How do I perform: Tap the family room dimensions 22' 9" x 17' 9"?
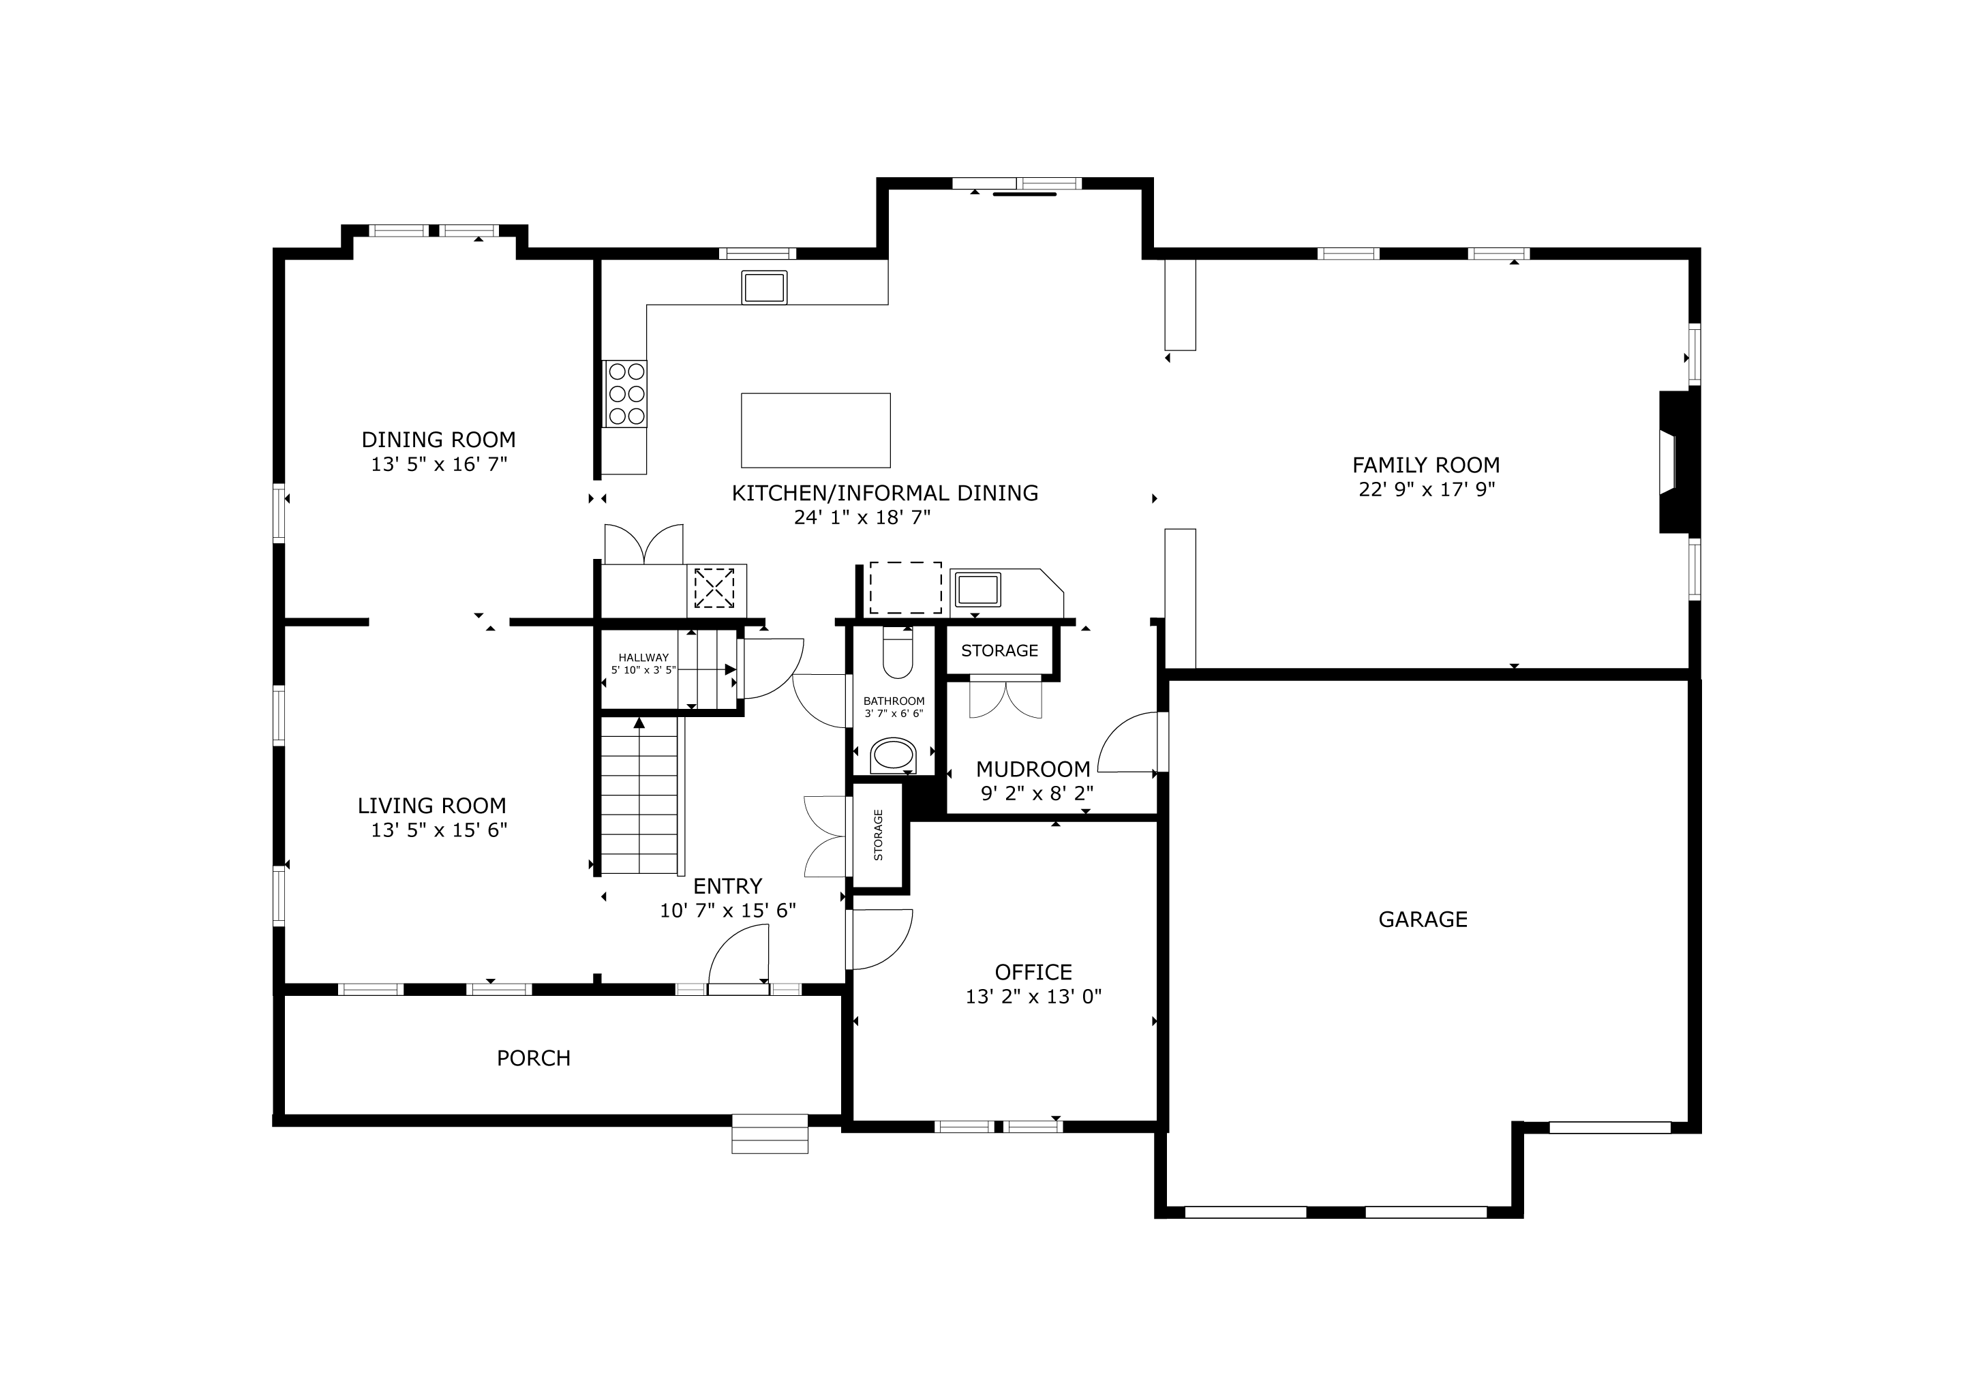[x=1427, y=490]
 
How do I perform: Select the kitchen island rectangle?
[x=816, y=430]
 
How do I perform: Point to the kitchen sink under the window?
[x=764, y=287]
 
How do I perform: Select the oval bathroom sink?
[x=894, y=757]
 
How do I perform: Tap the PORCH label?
[x=534, y=1058]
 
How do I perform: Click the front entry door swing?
[x=738, y=954]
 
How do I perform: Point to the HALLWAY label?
[x=643, y=658]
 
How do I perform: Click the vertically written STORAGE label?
[x=878, y=835]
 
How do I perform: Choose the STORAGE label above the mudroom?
[x=1000, y=651]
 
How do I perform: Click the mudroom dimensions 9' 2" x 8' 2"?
[x=1037, y=793]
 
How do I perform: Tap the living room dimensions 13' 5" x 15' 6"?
[x=440, y=830]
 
